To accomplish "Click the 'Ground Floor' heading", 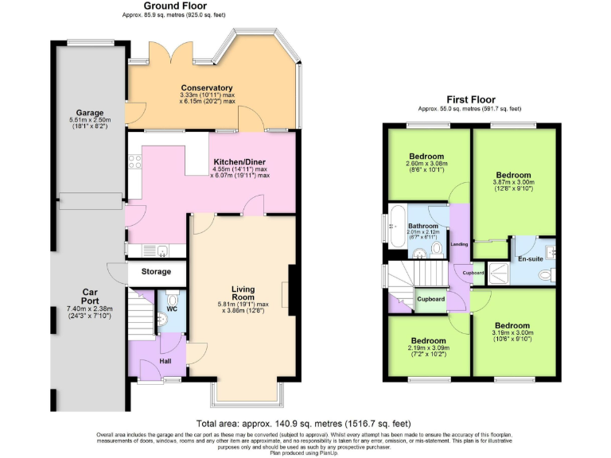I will pos(165,6).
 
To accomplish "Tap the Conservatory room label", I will pos(206,87).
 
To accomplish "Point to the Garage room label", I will pos(88,113).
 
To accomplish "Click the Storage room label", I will pos(156,272).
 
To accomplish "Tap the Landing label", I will pos(459,244).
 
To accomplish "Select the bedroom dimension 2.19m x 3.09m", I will pos(427,347).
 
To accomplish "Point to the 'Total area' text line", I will pos(304,424).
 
